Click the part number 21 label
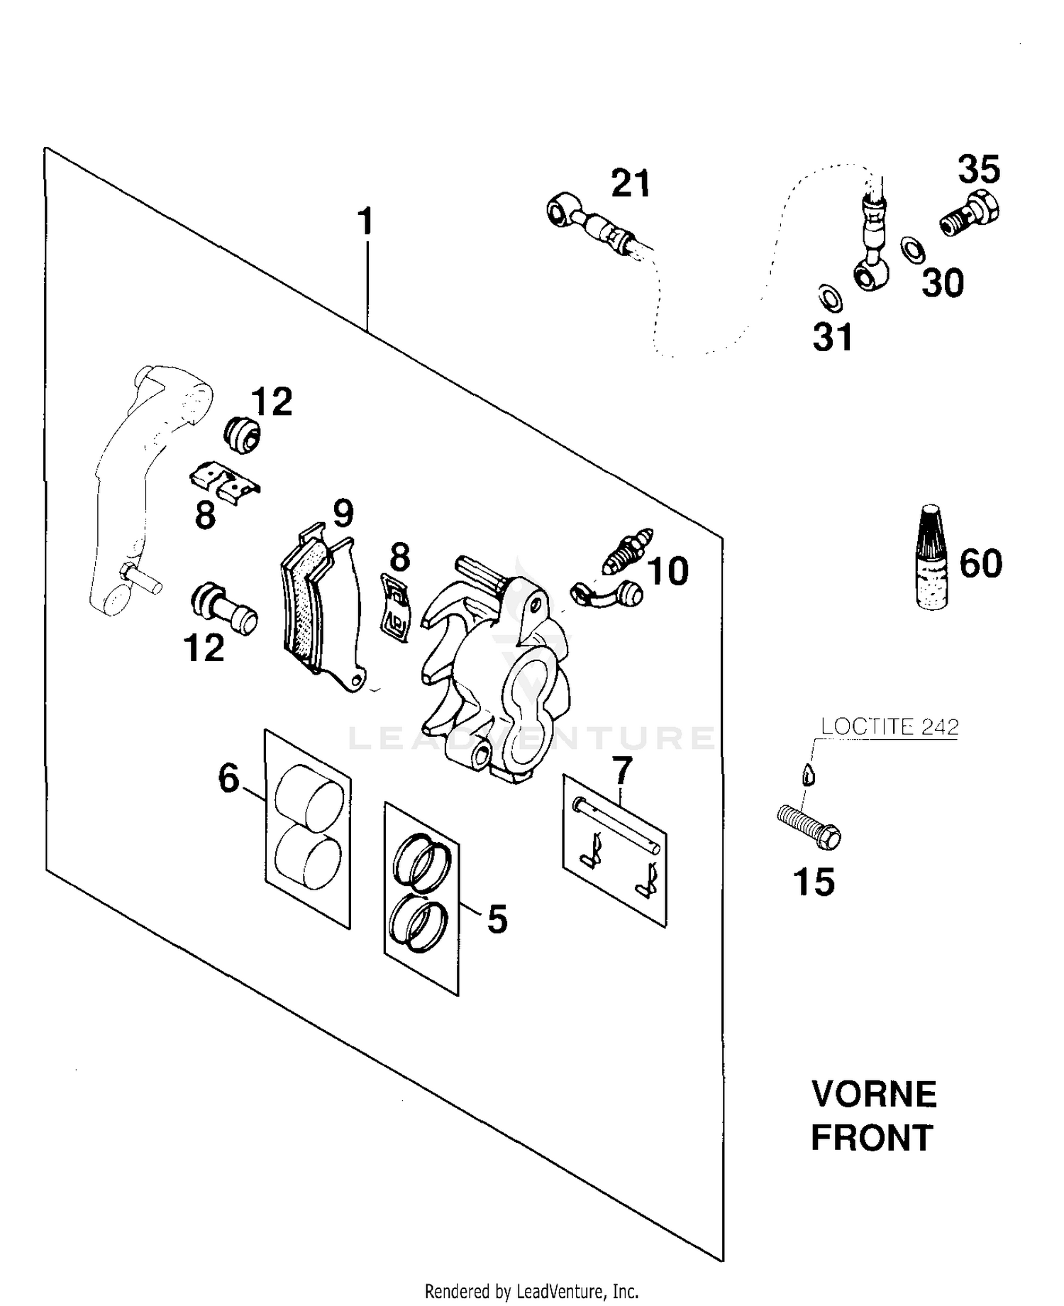tap(631, 184)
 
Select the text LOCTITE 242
tap(890, 727)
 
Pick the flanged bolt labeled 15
tap(809, 827)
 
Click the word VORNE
tap(874, 1094)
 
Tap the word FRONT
tap(871, 1139)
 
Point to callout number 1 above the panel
tap(365, 222)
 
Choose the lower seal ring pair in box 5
tap(418, 923)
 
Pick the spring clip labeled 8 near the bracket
tap(225, 481)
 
